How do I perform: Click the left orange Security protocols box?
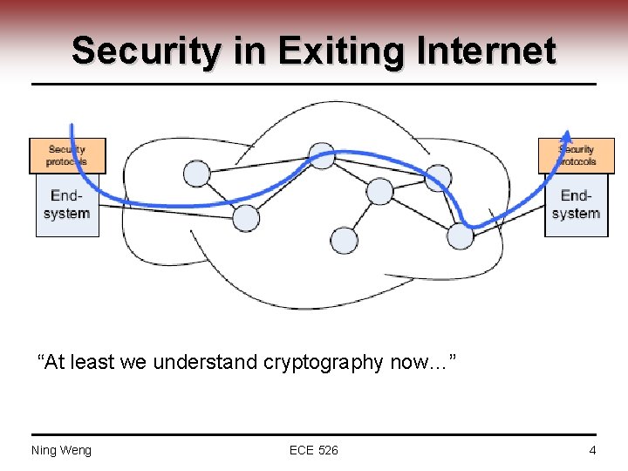pyautogui.click(x=67, y=155)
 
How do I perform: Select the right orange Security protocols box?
pyautogui.click(x=577, y=155)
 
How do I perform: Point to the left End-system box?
pyautogui.click(x=67, y=205)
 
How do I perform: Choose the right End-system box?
pyautogui.click(x=577, y=205)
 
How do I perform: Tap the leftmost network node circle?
pyautogui.click(x=197, y=174)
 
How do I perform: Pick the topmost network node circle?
pyautogui.click(x=322, y=156)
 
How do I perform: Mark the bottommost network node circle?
pyautogui.click(x=345, y=240)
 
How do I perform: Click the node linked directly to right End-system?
pyautogui.click(x=461, y=235)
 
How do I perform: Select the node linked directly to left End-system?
pyautogui.click(x=246, y=217)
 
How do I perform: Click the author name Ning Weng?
pyautogui.click(x=61, y=450)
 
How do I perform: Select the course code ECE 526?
pyautogui.click(x=314, y=450)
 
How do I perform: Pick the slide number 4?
pyautogui.click(x=592, y=450)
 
